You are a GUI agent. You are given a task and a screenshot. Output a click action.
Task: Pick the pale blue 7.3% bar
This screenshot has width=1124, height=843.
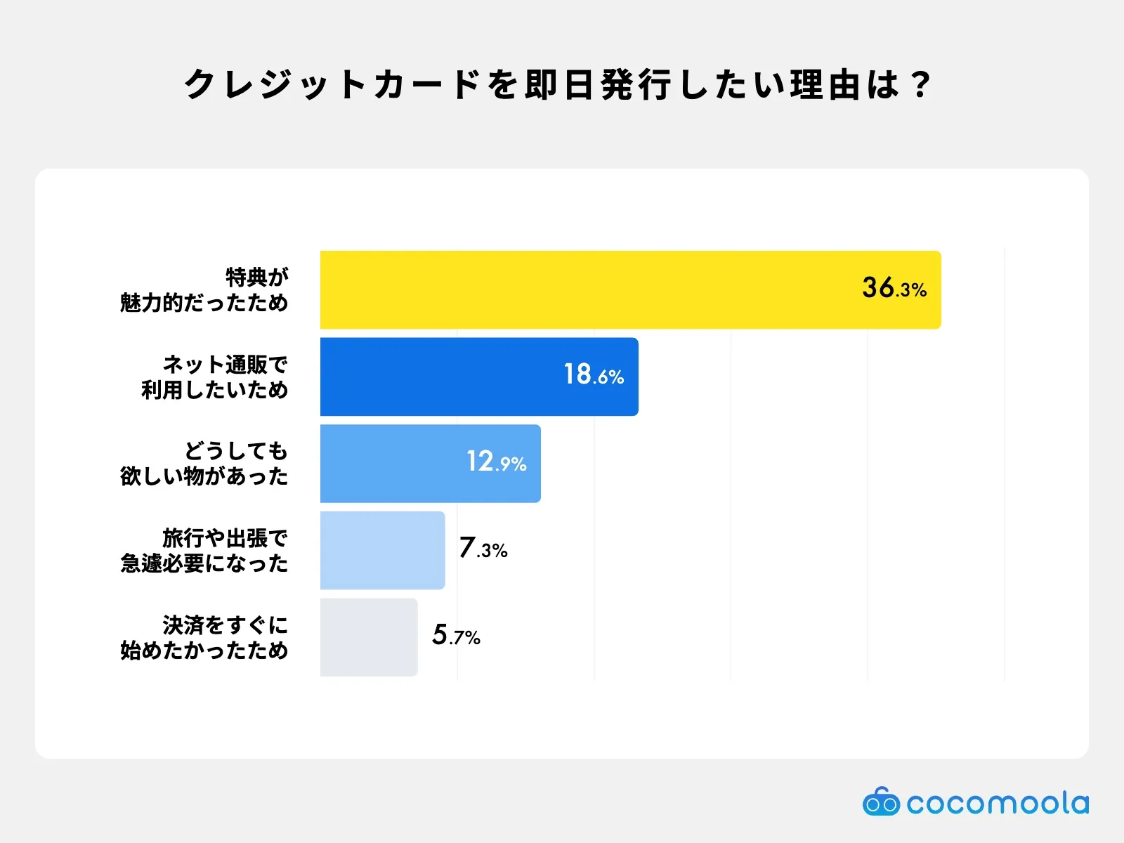click(382, 550)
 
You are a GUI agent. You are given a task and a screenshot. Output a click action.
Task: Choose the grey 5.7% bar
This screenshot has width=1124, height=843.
click(369, 637)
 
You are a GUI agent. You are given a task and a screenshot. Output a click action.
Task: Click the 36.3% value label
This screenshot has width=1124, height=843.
click(894, 288)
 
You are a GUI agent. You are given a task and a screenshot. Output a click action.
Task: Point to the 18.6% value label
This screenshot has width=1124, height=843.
click(594, 374)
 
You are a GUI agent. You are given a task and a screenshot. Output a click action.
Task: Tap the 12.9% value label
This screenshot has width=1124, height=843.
click(496, 462)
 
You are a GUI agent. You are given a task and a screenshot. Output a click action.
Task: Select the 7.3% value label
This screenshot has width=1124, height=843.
click(483, 548)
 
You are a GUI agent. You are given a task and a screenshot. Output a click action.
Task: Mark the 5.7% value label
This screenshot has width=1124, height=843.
click(456, 635)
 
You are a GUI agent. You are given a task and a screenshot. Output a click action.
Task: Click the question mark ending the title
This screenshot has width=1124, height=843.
click(920, 85)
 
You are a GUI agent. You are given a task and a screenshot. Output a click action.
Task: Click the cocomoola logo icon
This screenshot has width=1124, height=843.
click(880, 802)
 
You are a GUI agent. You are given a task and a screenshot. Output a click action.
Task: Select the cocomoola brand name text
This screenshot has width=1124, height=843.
click(997, 803)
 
